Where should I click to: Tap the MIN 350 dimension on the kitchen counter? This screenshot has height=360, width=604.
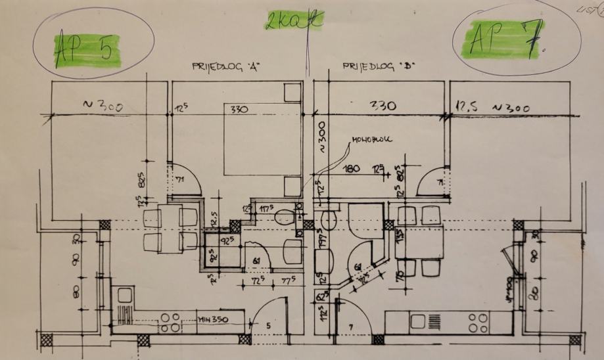point(213,320)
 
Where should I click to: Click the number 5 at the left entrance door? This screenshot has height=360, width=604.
point(267,325)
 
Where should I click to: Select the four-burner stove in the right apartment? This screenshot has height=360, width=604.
point(478,322)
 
